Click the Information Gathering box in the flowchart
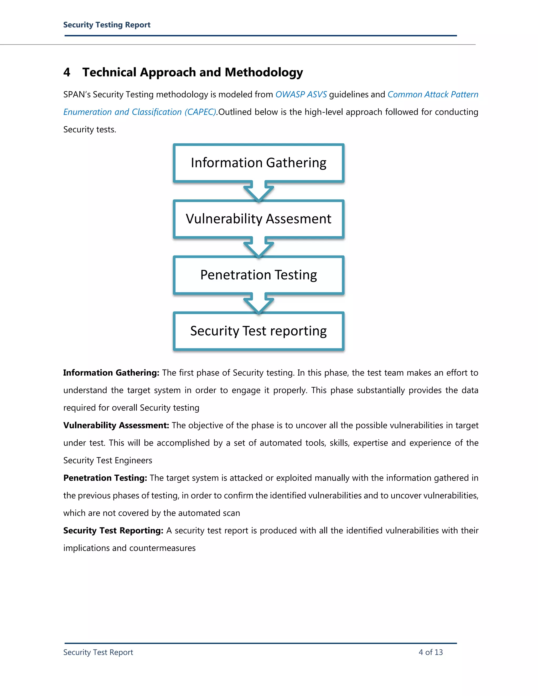(x=258, y=163)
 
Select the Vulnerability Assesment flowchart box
(x=258, y=219)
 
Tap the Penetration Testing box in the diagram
(x=258, y=275)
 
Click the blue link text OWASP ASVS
(x=301, y=95)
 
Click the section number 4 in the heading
(x=67, y=72)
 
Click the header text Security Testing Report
(x=107, y=25)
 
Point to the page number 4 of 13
(x=431, y=652)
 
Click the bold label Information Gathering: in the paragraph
(x=111, y=373)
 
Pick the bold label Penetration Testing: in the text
(x=105, y=478)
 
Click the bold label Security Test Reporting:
(x=113, y=531)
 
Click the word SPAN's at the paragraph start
(x=77, y=95)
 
